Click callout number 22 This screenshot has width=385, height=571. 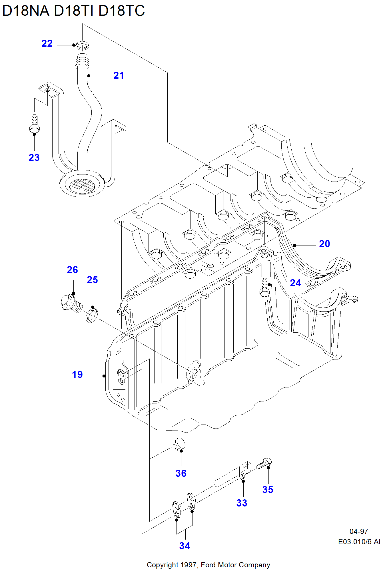(x=47, y=43)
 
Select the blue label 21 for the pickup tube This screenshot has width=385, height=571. (x=119, y=76)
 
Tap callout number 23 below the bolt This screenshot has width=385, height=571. (x=34, y=158)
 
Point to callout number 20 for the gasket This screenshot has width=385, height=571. (x=324, y=244)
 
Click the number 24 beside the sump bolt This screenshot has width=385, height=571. (x=295, y=283)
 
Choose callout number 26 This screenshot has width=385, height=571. (x=72, y=270)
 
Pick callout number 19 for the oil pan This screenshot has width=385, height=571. (x=77, y=375)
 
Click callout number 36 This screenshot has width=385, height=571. (x=181, y=473)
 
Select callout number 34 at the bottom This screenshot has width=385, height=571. (x=185, y=546)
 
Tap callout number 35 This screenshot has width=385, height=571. (x=268, y=490)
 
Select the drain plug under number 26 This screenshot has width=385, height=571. (x=71, y=303)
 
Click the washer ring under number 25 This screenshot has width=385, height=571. (x=92, y=315)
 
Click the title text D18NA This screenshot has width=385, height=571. (x=26, y=11)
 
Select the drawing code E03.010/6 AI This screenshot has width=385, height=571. (x=359, y=542)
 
